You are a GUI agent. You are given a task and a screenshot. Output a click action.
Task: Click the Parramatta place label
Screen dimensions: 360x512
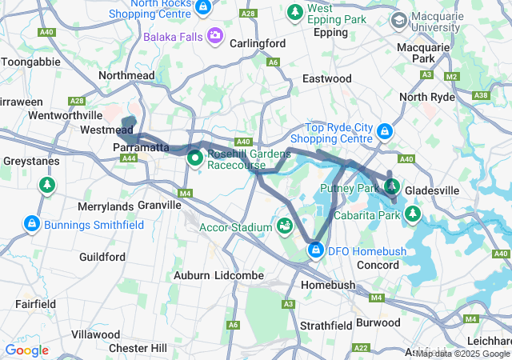coord(141,148)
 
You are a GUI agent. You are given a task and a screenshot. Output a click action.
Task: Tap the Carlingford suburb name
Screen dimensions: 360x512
coord(258,43)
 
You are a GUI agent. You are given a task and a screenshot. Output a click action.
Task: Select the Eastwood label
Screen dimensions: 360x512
coord(326,78)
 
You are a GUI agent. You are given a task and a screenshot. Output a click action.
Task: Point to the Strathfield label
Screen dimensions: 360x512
coord(326,326)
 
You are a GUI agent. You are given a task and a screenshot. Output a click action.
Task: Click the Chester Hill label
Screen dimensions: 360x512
coord(138,348)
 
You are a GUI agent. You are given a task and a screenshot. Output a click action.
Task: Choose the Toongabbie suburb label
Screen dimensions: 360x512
coord(29,62)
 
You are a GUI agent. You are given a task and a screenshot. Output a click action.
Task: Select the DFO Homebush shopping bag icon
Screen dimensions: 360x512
coord(316,251)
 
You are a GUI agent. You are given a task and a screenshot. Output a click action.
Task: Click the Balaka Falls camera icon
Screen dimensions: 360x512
coord(214,36)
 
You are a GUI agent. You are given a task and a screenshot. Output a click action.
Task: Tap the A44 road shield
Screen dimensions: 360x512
coord(129,158)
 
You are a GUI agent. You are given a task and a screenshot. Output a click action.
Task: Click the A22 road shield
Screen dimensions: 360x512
coord(361,347)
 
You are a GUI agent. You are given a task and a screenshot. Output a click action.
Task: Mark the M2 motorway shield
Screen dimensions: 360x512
coord(452,76)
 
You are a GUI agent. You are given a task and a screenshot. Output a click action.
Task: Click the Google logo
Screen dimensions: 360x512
coord(27,350)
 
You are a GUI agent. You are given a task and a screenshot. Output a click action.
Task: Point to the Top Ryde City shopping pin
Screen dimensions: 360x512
coord(385,130)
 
